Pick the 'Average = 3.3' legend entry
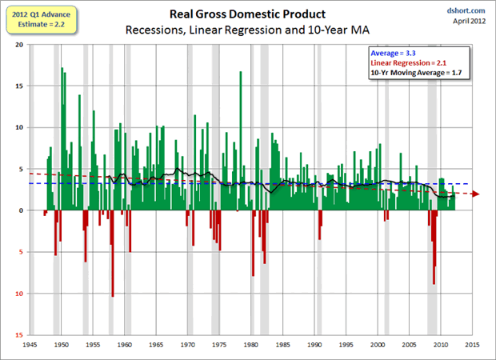click(390, 53)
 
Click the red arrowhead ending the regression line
click(478, 194)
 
